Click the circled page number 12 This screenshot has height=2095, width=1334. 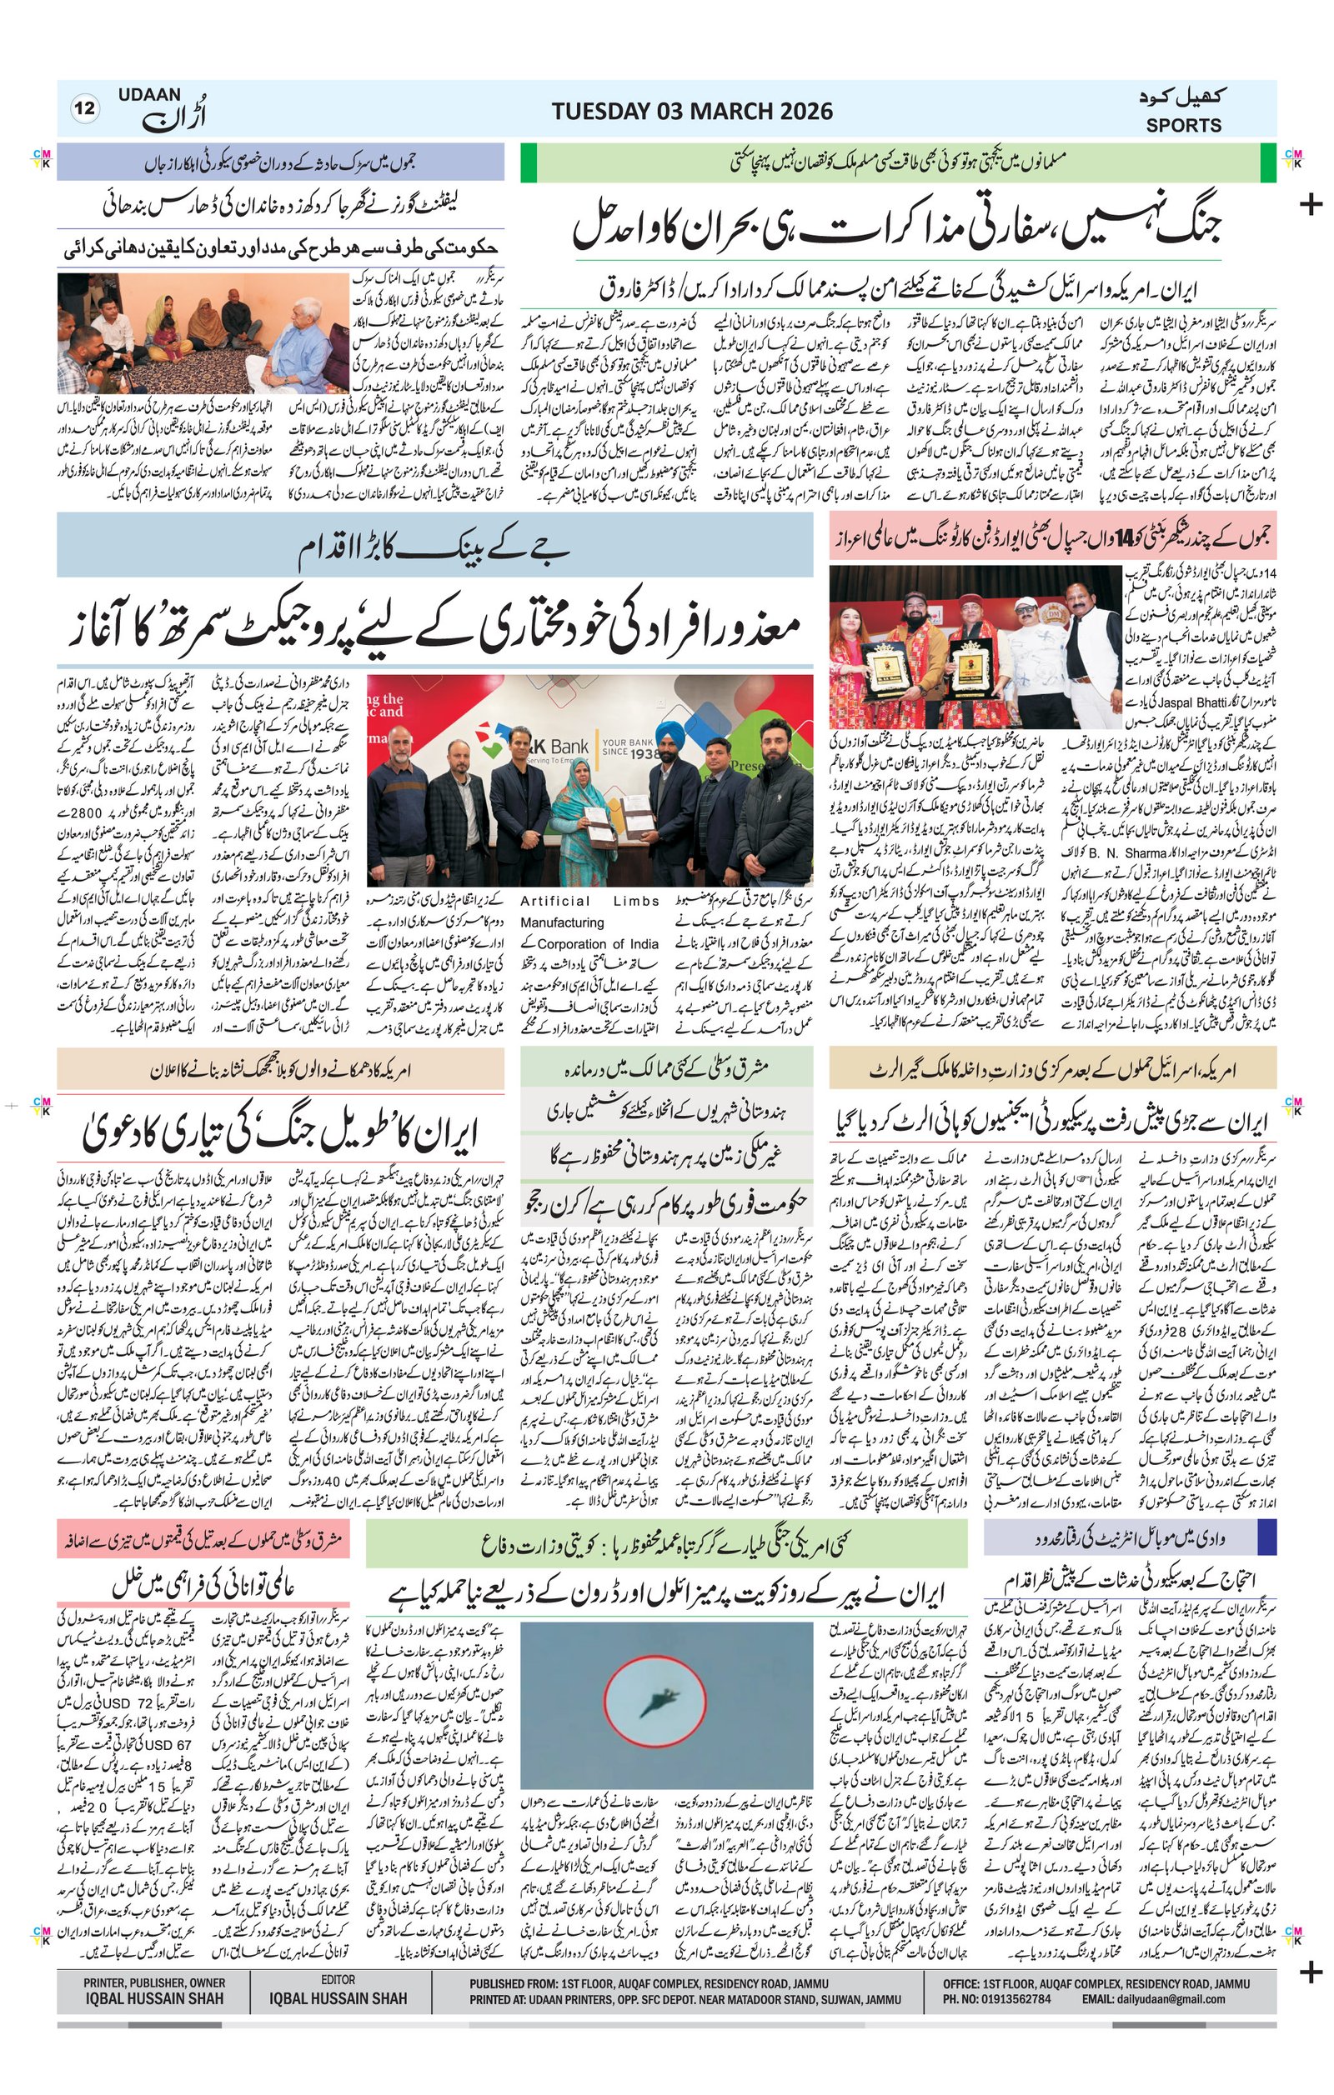pos(84,109)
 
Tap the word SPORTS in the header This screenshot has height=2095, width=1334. pos(1182,125)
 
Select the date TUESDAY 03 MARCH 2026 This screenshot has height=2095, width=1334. pos(692,112)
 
